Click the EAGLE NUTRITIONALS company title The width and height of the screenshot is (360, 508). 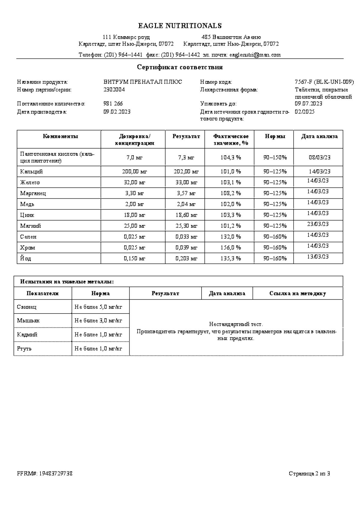pyautogui.click(x=180, y=26)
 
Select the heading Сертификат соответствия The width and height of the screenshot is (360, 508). pyautogui.click(x=180, y=67)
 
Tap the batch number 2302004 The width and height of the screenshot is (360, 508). pyautogui.click(x=114, y=90)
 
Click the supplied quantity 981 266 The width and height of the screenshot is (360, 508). pyautogui.click(x=113, y=104)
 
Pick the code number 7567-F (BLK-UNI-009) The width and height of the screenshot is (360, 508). pyautogui.click(x=324, y=82)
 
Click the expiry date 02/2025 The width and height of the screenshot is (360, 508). pyautogui.click(x=304, y=112)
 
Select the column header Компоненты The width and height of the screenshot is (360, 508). pyautogui.click(x=60, y=136)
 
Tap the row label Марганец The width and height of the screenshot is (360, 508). pyautogui.click(x=33, y=193)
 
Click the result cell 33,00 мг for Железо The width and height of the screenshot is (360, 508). pyautogui.click(x=186, y=182)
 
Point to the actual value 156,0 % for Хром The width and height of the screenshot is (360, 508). pyautogui.click(x=230, y=248)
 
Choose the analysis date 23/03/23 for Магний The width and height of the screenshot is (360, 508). pyautogui.click(x=318, y=224)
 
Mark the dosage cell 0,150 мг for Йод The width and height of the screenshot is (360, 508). pyautogui.click(x=134, y=258)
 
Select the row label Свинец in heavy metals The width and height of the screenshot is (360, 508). pyautogui.click(x=27, y=307)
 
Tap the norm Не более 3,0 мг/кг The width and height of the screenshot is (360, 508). pyautogui.click(x=98, y=321)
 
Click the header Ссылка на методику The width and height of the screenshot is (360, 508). pyautogui.click(x=297, y=294)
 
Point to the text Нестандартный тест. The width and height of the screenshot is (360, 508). pyautogui.click(x=236, y=324)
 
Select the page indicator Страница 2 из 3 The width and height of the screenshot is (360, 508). pyautogui.click(x=309, y=474)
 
